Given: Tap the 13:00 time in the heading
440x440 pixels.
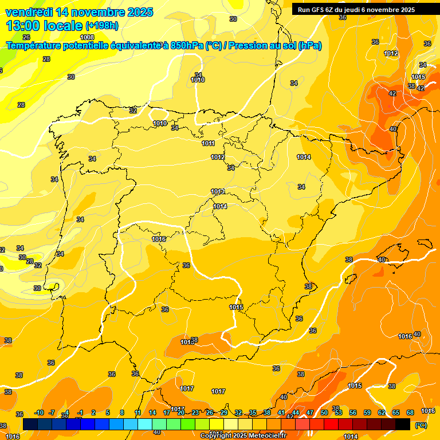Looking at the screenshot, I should (25, 26).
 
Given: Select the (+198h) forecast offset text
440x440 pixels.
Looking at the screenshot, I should (102, 26).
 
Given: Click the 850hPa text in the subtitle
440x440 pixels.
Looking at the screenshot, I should (187, 46).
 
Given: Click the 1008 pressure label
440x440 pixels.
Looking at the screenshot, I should (87, 37).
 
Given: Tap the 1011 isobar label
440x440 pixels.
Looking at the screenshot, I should (208, 144).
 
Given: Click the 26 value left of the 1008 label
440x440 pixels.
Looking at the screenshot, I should (26, 37).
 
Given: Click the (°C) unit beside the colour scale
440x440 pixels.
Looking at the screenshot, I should (421, 425).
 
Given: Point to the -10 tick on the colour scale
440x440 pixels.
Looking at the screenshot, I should (40, 412).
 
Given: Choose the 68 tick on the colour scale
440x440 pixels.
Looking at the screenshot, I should (410, 412).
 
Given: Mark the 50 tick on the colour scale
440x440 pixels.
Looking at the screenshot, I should (324, 412).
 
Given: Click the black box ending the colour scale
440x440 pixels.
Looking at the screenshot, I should (403, 424).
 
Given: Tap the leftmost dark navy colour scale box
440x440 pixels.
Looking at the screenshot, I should (30, 424).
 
